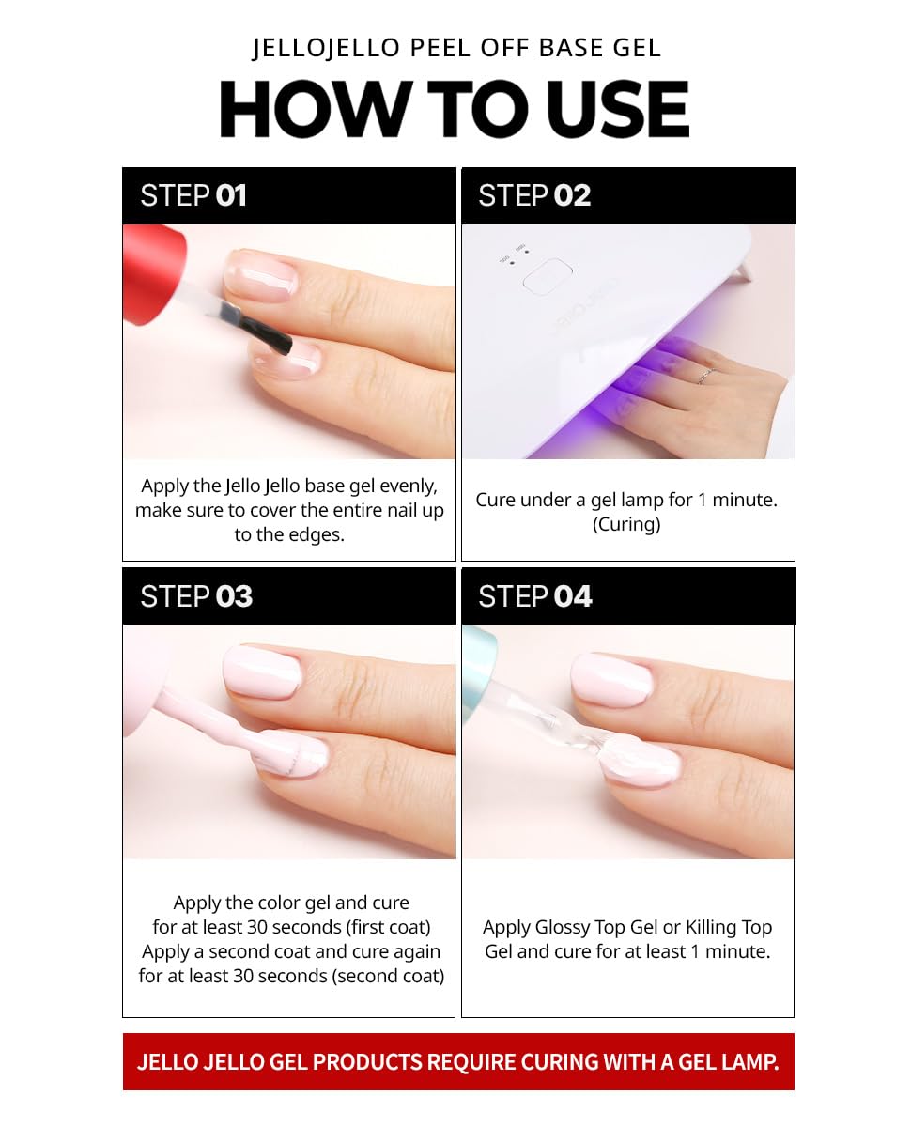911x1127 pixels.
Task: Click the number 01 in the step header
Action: [231, 195]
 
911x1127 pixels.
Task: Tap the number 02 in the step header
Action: [572, 195]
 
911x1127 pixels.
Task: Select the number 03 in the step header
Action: [234, 596]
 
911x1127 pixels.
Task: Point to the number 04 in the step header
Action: [572, 596]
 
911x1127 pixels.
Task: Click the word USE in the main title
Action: [617, 109]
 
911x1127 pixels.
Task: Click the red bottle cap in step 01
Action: [153, 274]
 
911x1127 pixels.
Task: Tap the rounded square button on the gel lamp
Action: [548, 274]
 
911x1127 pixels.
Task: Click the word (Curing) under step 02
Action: [626, 524]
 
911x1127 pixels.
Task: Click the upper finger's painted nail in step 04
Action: [612, 680]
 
